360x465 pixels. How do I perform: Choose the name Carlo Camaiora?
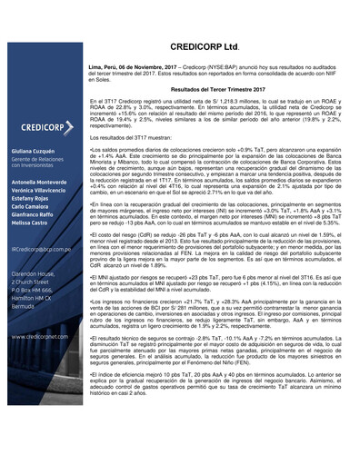tap(31, 207)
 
